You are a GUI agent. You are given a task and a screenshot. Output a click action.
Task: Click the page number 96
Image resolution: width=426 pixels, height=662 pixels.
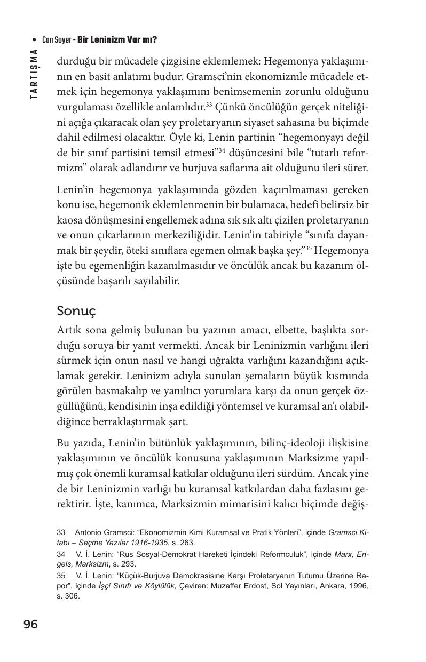[30, 624]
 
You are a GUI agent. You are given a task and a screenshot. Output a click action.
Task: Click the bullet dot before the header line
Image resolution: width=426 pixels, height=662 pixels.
[35, 40]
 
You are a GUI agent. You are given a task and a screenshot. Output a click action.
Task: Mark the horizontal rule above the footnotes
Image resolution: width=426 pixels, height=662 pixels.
[96, 525]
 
